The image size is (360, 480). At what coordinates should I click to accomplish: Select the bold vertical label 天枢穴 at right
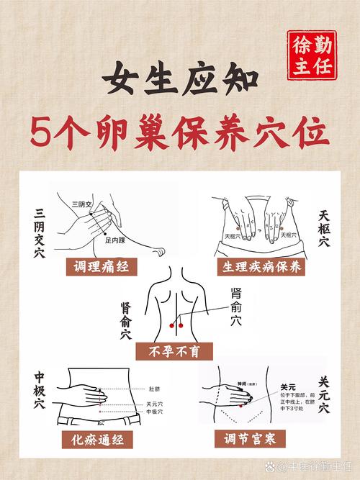click(323, 229)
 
